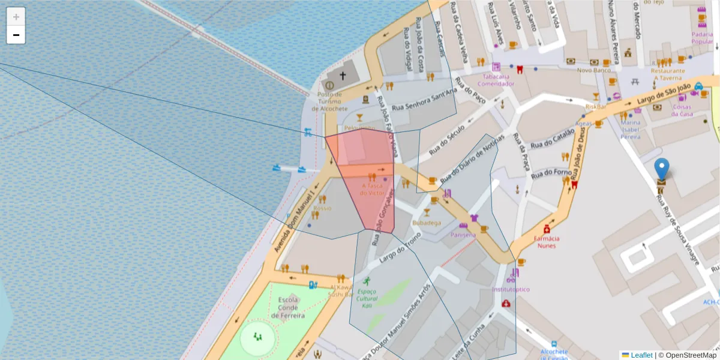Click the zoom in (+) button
point(16,17)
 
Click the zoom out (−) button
point(16,35)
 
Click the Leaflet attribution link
point(641,355)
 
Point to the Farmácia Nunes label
point(547,242)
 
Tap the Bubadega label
point(427,223)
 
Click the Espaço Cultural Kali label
point(367,298)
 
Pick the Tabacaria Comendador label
point(496,80)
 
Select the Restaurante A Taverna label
point(668,74)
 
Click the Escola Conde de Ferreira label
point(288,307)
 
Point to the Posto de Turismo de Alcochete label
point(329,101)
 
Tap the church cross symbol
point(343,76)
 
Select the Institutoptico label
point(511,289)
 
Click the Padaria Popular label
point(702,38)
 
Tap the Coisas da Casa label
point(683,110)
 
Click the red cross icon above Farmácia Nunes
point(547,229)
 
